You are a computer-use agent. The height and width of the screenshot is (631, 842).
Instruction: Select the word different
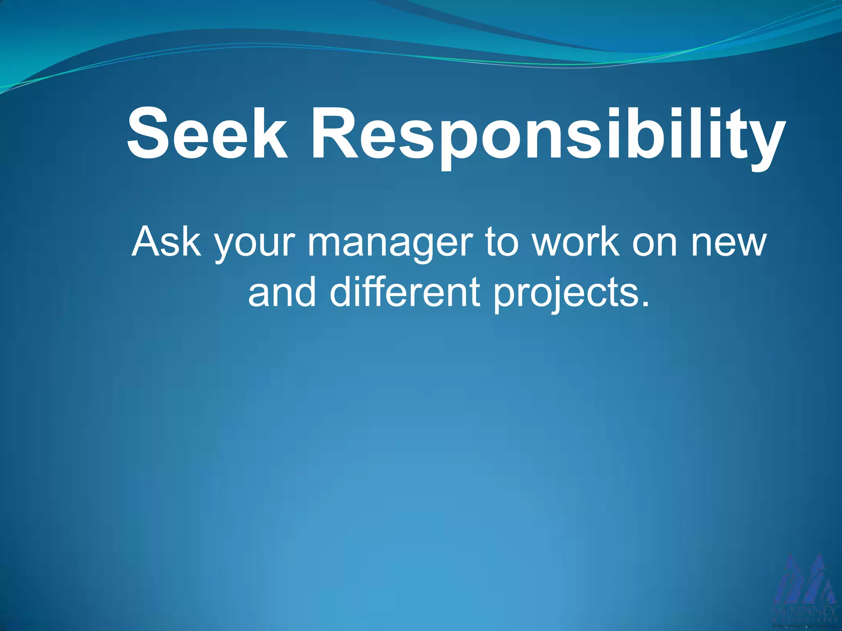405,292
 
